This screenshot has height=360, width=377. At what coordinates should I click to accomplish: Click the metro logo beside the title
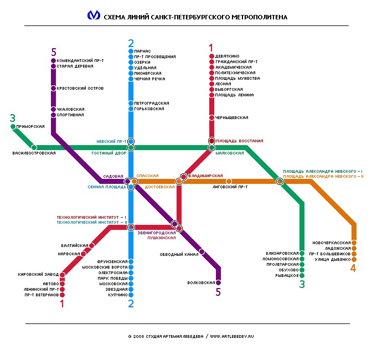[94, 16]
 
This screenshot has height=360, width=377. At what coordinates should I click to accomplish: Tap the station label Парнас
[142, 51]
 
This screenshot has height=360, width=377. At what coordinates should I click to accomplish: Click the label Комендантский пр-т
[80, 60]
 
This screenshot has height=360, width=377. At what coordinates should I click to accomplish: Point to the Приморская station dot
[13, 127]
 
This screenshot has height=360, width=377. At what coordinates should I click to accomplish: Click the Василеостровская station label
[34, 153]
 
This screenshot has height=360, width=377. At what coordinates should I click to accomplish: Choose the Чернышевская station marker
[211, 118]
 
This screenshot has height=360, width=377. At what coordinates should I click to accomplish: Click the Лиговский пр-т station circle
[229, 181]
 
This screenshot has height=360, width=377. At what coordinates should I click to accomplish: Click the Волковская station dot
[219, 282]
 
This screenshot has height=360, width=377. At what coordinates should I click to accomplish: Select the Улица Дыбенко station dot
[354, 259]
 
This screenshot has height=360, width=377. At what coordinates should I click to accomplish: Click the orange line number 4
[353, 269]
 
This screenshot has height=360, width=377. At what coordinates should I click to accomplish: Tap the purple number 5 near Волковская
[218, 292]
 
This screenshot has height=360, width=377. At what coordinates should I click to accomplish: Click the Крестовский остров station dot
[53, 88]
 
